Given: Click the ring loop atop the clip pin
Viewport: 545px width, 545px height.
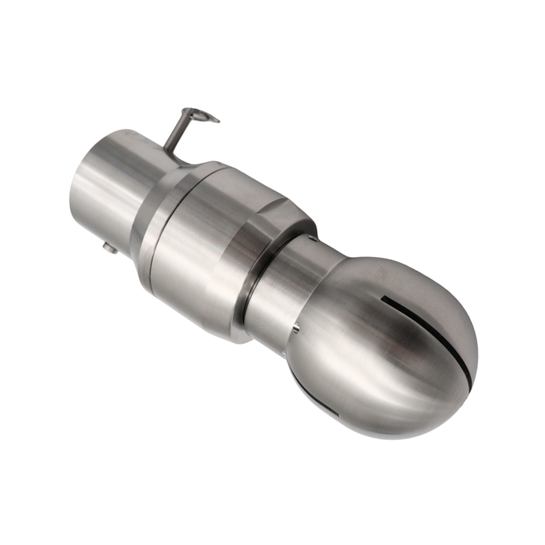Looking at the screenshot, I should point(203,116).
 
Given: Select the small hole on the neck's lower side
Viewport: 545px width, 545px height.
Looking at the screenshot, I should point(296,328).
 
